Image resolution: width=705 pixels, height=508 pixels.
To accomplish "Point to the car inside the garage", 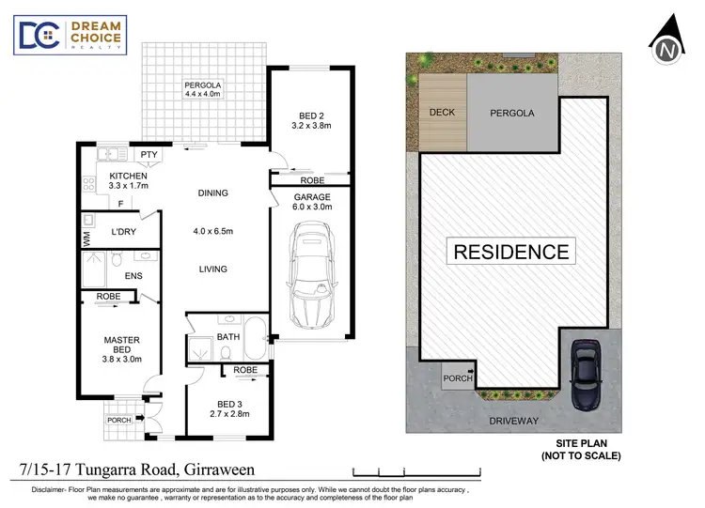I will click(x=311, y=271).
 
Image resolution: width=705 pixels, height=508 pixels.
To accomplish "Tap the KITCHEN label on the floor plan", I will click(x=128, y=181).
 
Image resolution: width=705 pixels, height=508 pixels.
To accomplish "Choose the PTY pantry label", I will click(x=149, y=155).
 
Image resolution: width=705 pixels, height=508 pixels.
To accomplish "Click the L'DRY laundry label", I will click(x=125, y=231).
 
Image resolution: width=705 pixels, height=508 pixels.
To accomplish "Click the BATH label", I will click(x=228, y=336).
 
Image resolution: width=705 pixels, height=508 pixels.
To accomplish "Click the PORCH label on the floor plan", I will click(x=118, y=420).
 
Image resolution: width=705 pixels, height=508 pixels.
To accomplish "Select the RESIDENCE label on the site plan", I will click(x=511, y=252).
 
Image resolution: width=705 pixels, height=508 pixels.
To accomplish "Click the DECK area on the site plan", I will click(x=443, y=113).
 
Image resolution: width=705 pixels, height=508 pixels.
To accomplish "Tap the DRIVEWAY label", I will click(x=512, y=422).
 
